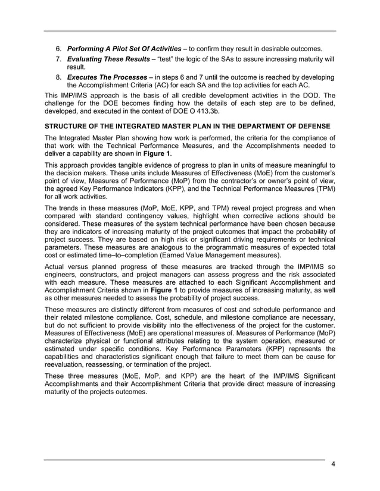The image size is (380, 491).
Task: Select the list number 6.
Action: [x=58, y=48]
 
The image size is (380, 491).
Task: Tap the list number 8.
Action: [x=58, y=78]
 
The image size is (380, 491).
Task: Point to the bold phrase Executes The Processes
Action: [x=105, y=78]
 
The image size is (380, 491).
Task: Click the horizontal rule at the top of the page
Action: [x=190, y=31]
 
